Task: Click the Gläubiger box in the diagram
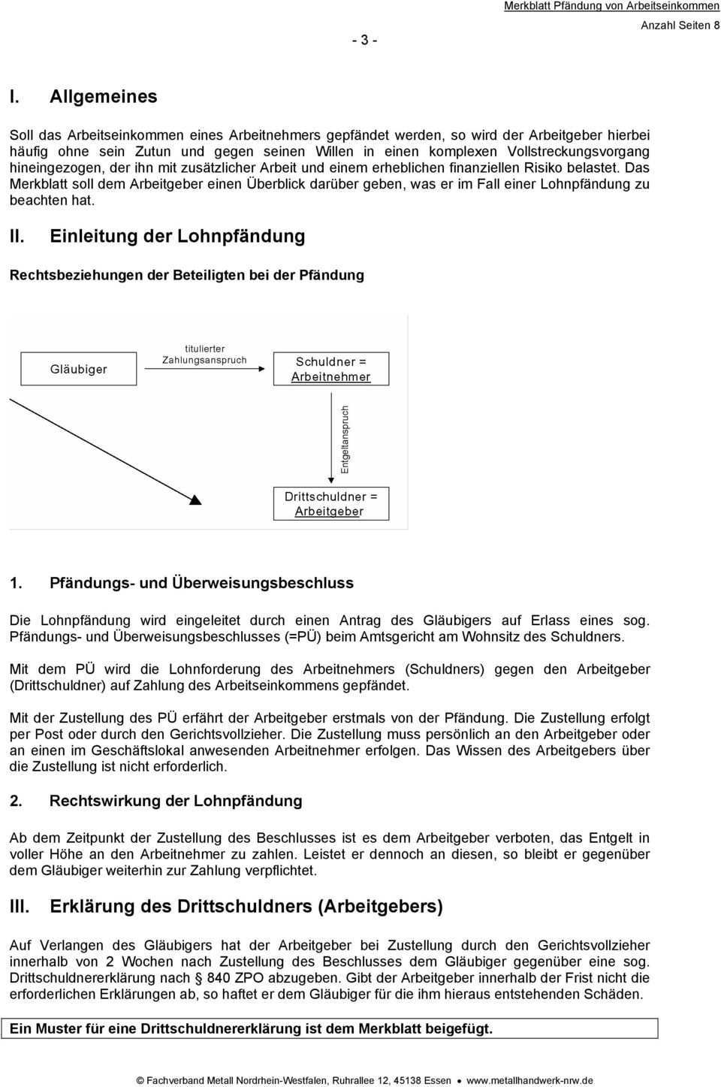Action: pyautogui.click(x=79, y=369)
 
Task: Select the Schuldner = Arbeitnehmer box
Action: pyautogui.click(x=330, y=369)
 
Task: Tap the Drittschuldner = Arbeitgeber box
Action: pyautogui.click(x=330, y=504)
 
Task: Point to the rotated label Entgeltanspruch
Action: pyautogui.click(x=345, y=439)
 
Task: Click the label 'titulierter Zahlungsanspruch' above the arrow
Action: pyautogui.click(x=204, y=355)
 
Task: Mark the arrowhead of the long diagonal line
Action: pyautogui.click(x=195, y=500)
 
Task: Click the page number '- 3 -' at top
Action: pyautogui.click(x=364, y=40)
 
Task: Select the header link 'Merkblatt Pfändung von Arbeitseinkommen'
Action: pyautogui.click(x=611, y=6)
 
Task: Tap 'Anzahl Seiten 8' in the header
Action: pyautogui.click(x=680, y=25)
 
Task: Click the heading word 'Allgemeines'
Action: pyautogui.click(x=104, y=96)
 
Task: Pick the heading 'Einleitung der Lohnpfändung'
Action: pyautogui.click(x=177, y=236)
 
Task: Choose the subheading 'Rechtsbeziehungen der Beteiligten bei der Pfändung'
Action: pyautogui.click(x=186, y=275)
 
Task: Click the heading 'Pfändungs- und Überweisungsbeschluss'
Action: pyautogui.click(x=201, y=583)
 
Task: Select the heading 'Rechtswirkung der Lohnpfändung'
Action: pyautogui.click(x=176, y=801)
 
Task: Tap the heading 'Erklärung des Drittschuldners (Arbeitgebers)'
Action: pyautogui.click(x=246, y=906)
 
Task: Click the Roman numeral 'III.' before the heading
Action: pyautogui.click(x=20, y=906)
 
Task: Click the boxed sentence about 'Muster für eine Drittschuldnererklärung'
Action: pyautogui.click(x=251, y=1028)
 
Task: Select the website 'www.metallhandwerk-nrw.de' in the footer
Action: pyautogui.click(x=529, y=1080)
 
